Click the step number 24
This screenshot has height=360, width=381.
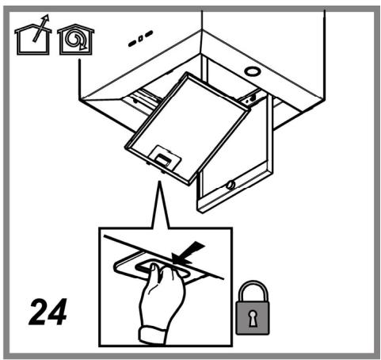pos(48,312)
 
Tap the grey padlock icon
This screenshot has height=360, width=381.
pos(253,308)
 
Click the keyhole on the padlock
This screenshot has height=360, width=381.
pos(253,318)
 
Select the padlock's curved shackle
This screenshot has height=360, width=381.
pos(253,291)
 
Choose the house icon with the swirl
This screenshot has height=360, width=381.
pos(76,40)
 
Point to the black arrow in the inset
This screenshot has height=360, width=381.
pos(188,252)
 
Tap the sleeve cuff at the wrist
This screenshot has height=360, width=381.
pos(153,335)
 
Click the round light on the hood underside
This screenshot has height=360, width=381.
pos(253,71)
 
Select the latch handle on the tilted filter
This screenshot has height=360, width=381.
pos(164,158)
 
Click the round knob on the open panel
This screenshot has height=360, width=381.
pos(231,185)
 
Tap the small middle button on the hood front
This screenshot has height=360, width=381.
pos(141,38)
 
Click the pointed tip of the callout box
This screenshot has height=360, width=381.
pos(159,181)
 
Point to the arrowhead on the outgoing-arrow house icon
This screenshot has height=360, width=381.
pos(47,18)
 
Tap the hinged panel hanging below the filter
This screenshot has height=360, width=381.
pos(235,156)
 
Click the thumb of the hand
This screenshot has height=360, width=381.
pos(154,275)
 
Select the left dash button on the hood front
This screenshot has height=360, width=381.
pos(132,44)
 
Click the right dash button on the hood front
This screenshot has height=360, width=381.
pos(149,34)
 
